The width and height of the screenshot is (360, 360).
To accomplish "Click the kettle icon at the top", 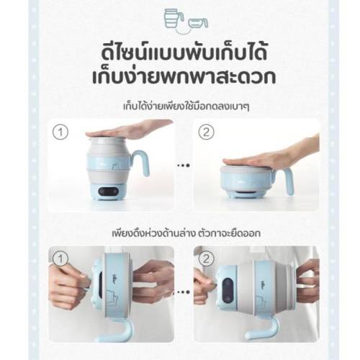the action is point(174,18).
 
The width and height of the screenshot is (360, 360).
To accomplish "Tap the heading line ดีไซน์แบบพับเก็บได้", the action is point(184,53).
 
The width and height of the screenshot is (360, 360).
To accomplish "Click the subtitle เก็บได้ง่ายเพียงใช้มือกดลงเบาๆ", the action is point(186,107).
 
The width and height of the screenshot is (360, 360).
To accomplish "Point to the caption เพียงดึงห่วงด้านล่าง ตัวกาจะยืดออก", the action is point(186,233).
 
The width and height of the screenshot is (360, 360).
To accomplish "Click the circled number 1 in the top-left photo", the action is point(60,132).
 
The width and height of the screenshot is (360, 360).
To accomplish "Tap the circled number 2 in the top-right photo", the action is point(207,132).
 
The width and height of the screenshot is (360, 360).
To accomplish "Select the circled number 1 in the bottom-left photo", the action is point(60,259).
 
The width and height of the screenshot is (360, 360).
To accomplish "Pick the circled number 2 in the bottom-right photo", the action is point(207,259).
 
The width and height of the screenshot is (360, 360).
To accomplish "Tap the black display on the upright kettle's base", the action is point(108,192).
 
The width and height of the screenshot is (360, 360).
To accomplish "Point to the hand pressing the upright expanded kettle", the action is point(130,130).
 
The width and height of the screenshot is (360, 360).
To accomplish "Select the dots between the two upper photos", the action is point(184,166).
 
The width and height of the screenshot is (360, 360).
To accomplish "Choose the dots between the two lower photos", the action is point(184,292).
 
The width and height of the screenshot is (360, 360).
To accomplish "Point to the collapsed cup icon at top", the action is point(198,23).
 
